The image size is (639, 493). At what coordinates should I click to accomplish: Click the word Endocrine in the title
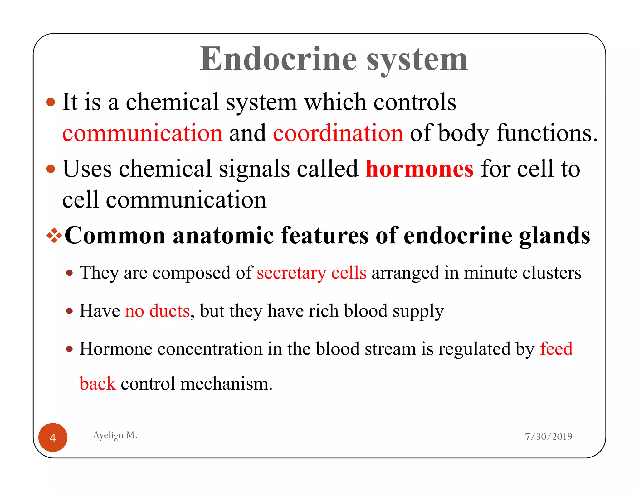point(278,59)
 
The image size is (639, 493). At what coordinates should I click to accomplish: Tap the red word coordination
point(338,133)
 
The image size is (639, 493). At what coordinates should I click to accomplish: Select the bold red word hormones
point(419,169)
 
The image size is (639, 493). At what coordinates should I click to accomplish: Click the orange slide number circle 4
point(53,438)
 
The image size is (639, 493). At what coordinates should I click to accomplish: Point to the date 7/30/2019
point(549,437)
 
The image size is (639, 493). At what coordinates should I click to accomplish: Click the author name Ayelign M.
point(115,435)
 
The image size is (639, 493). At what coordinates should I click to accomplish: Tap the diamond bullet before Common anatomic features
point(54,236)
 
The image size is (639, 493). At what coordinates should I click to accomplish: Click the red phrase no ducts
point(157,311)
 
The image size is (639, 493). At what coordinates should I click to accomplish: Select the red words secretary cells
point(311,273)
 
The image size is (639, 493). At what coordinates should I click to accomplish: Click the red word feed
point(556,349)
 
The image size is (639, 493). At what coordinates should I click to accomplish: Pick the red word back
point(98,384)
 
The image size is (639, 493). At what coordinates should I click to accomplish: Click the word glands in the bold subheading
point(554,236)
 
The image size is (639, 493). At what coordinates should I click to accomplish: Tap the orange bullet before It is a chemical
point(51,102)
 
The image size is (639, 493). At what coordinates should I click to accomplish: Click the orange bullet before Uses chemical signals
point(51,169)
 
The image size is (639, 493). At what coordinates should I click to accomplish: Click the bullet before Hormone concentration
point(70,349)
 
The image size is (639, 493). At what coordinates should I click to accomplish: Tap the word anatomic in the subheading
point(223,236)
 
